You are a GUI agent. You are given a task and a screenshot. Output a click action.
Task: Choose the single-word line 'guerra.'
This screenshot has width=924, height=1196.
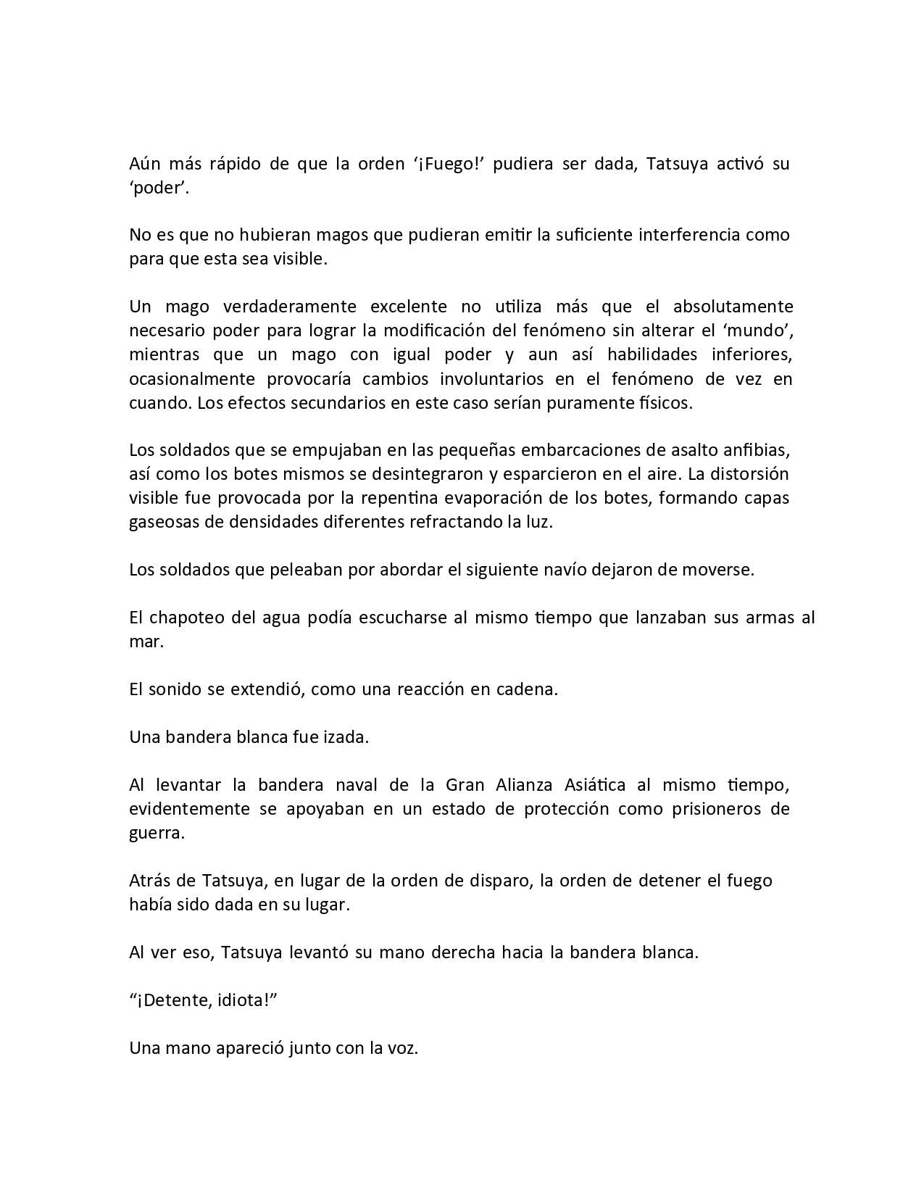point(157,833)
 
